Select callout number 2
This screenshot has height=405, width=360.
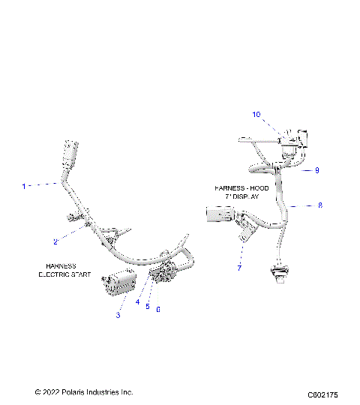pyautogui.click(x=55, y=241)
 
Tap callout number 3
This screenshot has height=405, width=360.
pyautogui.click(x=118, y=316)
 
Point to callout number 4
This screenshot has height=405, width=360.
pyautogui.click(x=138, y=302)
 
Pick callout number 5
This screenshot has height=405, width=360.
pyautogui.click(x=148, y=307)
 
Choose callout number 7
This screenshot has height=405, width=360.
pyautogui.click(x=239, y=267)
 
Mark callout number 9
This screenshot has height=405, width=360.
pyautogui.click(x=317, y=170)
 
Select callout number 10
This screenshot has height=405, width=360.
pyautogui.click(x=256, y=115)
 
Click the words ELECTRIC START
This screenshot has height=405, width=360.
pyautogui.click(x=64, y=274)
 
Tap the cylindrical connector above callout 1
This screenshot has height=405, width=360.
pyautogui.click(x=71, y=155)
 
